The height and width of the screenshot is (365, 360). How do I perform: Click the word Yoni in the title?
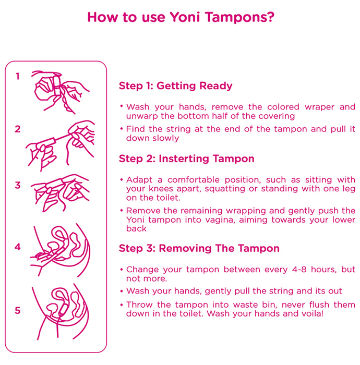[185, 17]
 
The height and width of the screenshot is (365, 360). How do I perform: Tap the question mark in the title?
[271, 17]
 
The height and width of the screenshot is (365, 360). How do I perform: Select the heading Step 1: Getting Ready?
[176, 86]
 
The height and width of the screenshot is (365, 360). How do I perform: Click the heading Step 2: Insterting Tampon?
[186, 159]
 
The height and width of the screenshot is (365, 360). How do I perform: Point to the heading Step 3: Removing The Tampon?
[199, 248]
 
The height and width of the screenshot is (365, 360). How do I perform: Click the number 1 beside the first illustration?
[17, 76]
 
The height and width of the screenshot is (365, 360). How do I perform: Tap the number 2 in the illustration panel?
[18, 129]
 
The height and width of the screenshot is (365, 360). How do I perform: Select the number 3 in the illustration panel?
[18, 185]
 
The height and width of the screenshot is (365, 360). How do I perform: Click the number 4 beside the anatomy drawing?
[18, 247]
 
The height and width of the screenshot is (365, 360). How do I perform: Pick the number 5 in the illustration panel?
[18, 310]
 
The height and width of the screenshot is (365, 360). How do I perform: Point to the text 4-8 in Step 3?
[299, 270]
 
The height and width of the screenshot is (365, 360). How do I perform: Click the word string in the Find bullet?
[178, 129]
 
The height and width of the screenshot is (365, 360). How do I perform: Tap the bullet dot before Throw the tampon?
[122, 305]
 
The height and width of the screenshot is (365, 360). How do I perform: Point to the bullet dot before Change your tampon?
[122, 270]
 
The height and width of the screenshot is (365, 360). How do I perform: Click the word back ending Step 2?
[136, 228]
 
